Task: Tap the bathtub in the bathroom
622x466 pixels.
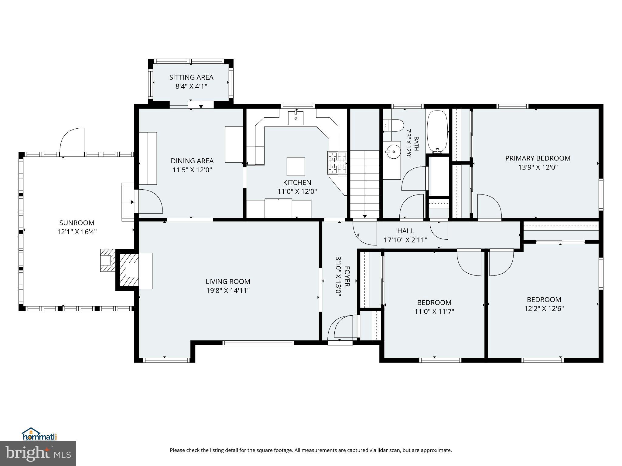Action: tap(437, 131)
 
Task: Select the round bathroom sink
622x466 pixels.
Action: tap(392, 151)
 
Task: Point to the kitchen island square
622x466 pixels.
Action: tap(296, 167)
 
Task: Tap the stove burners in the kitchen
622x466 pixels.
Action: tap(337, 164)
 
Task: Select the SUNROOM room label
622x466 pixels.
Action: tap(77, 223)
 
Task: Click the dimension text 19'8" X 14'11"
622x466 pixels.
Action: tap(228, 291)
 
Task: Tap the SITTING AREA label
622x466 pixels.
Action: tap(191, 77)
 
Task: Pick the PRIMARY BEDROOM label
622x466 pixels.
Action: tap(538, 158)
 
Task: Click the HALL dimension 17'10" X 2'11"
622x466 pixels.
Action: tap(405, 240)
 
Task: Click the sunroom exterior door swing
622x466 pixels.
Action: tap(72, 141)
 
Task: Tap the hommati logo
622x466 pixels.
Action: tap(39, 434)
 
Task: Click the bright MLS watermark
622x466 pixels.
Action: tap(38, 454)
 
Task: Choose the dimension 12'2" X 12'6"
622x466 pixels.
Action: tap(544, 309)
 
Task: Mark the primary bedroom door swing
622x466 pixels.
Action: tap(489, 207)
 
